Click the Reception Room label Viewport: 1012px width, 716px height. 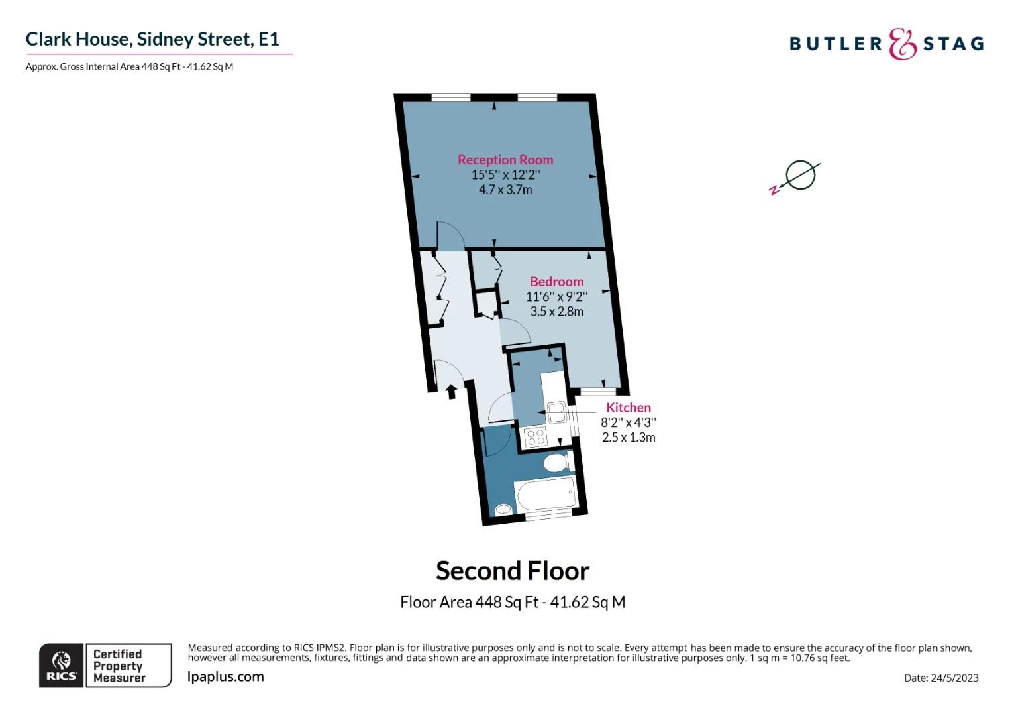pyautogui.click(x=505, y=160)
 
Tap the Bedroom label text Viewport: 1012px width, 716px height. pyautogui.click(x=556, y=282)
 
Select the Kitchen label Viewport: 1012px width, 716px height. pyautogui.click(x=629, y=408)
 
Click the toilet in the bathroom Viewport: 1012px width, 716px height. pyautogui.click(x=558, y=463)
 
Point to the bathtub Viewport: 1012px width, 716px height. pyautogui.click(x=546, y=495)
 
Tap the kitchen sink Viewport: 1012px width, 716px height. pyautogui.click(x=557, y=412)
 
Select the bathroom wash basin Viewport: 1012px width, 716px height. pyautogui.click(x=503, y=509)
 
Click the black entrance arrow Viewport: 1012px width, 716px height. pyautogui.click(x=451, y=392)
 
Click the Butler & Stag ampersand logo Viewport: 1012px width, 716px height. pyautogui.click(x=903, y=44)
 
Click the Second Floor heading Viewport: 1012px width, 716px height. pyautogui.click(x=513, y=571)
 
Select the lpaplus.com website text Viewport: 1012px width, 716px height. pyautogui.click(x=225, y=677)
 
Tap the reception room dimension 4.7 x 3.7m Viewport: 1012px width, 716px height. pyautogui.click(x=505, y=190)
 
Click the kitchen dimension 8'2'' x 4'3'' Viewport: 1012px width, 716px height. pyautogui.click(x=629, y=422)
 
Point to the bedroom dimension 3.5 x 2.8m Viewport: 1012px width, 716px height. pyautogui.click(x=556, y=312)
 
